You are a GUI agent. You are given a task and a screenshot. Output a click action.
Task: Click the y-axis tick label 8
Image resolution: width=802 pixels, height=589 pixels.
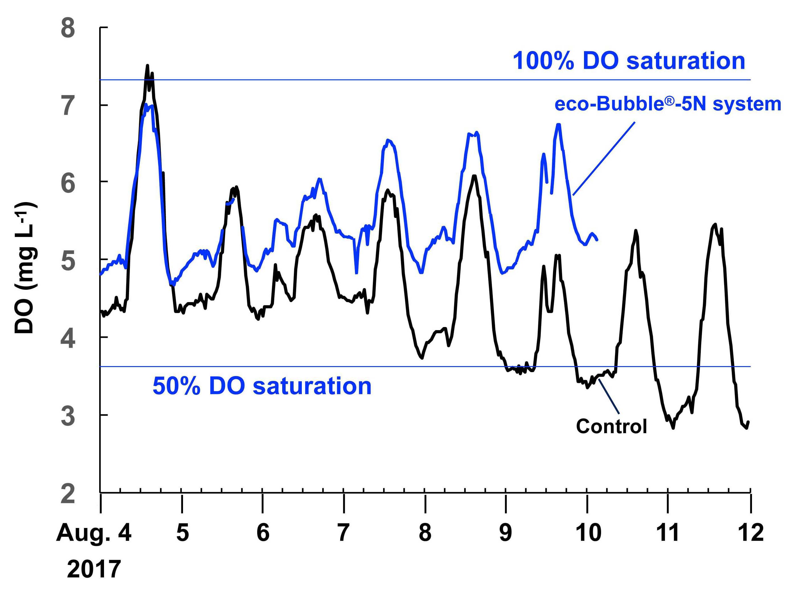68,28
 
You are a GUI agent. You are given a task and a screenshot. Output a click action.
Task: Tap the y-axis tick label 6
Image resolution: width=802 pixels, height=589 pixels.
68,183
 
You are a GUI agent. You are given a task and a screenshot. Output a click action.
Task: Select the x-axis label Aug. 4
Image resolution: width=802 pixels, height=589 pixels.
94,533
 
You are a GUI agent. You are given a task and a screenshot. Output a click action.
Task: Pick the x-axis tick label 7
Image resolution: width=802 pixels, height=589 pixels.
343,533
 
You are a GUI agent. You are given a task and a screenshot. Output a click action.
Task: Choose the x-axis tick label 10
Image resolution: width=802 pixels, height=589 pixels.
588,533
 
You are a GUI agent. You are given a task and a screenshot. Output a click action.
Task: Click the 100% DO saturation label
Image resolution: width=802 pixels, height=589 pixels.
629,61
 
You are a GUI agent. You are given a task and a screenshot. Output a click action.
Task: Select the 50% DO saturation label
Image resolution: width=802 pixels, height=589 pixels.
262,386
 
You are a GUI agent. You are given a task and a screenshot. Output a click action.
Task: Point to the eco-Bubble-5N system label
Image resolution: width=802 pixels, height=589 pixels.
668,104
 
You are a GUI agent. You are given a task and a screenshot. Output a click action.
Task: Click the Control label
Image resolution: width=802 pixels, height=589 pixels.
611,426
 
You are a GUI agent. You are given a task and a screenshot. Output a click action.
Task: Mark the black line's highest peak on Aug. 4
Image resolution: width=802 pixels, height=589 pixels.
147,66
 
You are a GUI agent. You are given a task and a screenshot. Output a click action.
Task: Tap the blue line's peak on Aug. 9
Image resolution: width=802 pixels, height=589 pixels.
558,124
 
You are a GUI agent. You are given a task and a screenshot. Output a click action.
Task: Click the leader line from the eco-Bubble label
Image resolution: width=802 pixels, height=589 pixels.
604,158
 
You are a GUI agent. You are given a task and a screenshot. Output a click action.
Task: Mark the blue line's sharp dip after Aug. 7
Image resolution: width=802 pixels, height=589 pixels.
356,273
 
